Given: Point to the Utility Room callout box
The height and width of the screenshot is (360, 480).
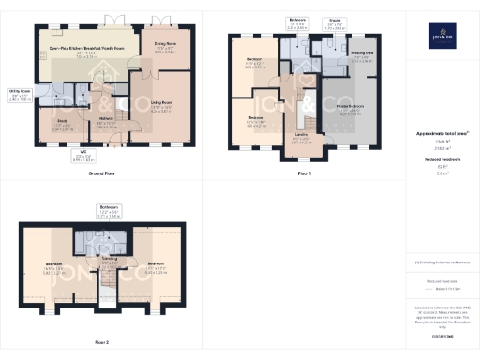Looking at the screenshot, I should (19, 95).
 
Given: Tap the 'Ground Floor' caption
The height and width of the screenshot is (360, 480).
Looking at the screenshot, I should (101, 174).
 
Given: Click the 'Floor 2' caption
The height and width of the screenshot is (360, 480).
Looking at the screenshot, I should (100, 343).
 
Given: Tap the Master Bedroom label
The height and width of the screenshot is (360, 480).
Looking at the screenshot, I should (357, 111).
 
